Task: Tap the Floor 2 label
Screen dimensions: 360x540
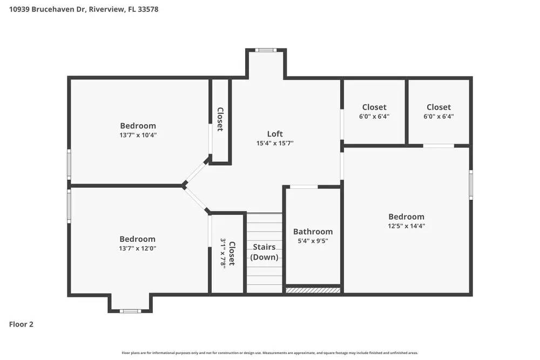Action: click(x=21, y=324)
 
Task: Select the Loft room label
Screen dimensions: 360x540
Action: click(x=275, y=134)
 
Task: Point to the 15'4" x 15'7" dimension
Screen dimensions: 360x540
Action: click(x=275, y=144)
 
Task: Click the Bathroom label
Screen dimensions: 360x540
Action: click(x=313, y=232)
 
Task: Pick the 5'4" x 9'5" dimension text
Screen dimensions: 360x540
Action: click(x=313, y=241)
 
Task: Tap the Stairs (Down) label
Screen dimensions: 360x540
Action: click(x=265, y=252)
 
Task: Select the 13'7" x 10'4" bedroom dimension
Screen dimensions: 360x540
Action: click(x=138, y=135)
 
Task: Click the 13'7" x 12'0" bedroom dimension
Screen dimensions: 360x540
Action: click(x=137, y=249)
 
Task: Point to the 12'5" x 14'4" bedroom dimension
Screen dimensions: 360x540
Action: click(x=406, y=227)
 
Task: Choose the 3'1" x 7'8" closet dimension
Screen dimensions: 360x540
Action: click(x=222, y=253)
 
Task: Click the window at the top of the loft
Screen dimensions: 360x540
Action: click(x=265, y=50)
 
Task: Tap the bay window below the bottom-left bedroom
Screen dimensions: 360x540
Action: click(x=130, y=311)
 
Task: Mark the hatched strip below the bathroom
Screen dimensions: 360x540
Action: click(x=313, y=290)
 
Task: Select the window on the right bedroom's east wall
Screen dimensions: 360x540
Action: click(x=471, y=185)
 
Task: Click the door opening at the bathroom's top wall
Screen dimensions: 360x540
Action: click(x=304, y=187)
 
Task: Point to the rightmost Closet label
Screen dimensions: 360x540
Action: click(x=438, y=107)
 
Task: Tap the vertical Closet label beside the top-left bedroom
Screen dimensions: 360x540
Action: click(x=220, y=119)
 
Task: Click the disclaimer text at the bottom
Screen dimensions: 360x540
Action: click(x=270, y=353)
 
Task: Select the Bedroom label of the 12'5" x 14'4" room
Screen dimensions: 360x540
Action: click(x=406, y=217)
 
